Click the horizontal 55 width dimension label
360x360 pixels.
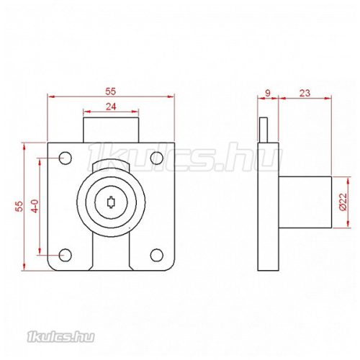tap(111, 91)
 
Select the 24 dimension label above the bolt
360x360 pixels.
tap(111, 107)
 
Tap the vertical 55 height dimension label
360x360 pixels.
tap(19, 207)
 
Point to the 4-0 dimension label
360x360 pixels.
tap(35, 206)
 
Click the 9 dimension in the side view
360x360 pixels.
tap(268, 93)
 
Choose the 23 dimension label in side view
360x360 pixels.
tap(305, 93)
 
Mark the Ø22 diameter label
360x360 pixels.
tap(343, 202)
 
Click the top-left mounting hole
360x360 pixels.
tap(66, 158)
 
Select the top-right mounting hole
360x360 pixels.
tap(157, 158)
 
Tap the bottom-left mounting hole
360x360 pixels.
tap(66, 255)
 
